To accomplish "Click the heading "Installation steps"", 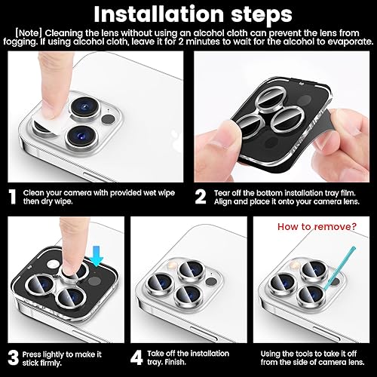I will (188, 14).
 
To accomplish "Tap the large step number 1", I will (13, 198).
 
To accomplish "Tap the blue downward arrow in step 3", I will (97, 260).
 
